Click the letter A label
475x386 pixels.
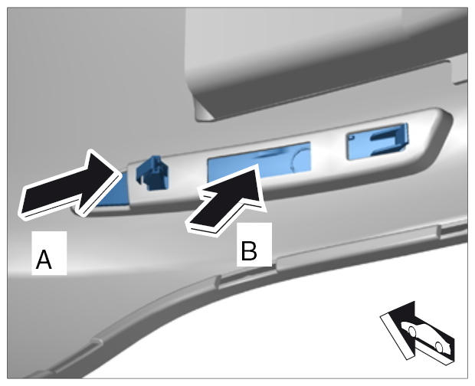[x=44, y=260]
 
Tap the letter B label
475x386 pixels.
[x=249, y=251]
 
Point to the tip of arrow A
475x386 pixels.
[x=117, y=172]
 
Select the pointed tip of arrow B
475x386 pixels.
[x=257, y=165]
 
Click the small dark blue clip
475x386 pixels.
[x=152, y=173]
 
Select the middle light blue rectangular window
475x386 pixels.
[x=259, y=163]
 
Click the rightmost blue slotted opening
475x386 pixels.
[x=377, y=141]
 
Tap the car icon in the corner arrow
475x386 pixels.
[x=424, y=336]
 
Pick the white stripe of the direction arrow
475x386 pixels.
[x=397, y=337]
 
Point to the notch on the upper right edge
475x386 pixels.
[x=457, y=70]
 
